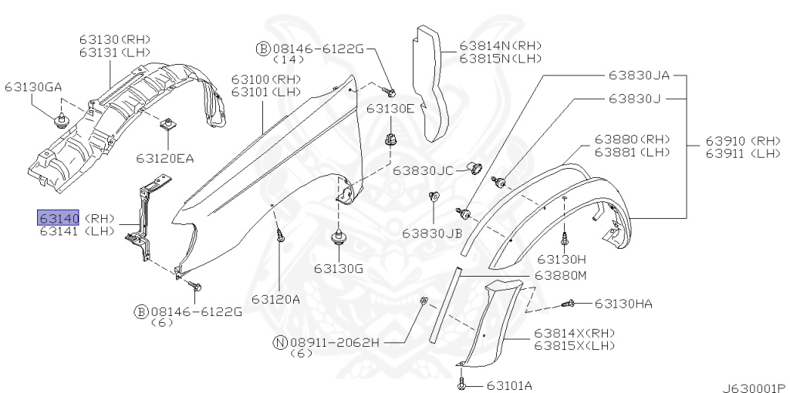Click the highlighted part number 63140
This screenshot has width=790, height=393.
[59, 218]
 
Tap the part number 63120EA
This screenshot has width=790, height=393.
[165, 159]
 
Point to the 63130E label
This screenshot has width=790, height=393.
[390, 109]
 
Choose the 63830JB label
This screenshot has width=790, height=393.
[432, 232]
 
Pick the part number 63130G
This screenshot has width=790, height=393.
[338, 268]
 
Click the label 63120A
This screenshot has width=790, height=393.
[274, 299]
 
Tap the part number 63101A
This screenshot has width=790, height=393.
[510, 385]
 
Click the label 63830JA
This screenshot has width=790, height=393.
[638, 76]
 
